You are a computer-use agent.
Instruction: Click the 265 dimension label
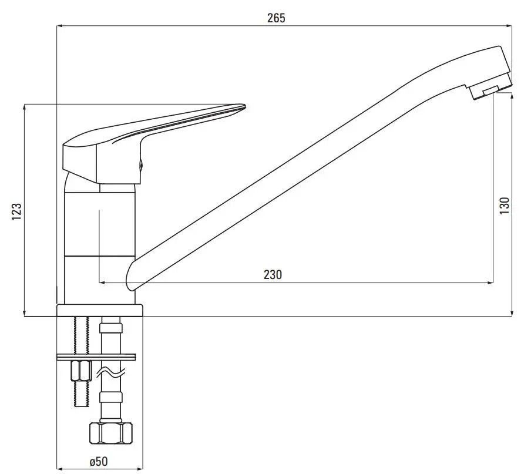tap(276, 18)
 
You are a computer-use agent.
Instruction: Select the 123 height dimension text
tap(17, 211)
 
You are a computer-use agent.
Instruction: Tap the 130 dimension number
tap(504, 205)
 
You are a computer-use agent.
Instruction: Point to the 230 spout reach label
tap(273, 274)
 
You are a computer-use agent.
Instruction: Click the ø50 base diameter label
tap(99, 462)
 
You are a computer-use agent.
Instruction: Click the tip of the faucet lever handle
tap(244, 107)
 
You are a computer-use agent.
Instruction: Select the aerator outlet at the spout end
tap(490, 90)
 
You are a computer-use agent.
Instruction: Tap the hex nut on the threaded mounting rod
tap(81, 371)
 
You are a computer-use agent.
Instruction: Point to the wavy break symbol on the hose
tap(111, 372)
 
